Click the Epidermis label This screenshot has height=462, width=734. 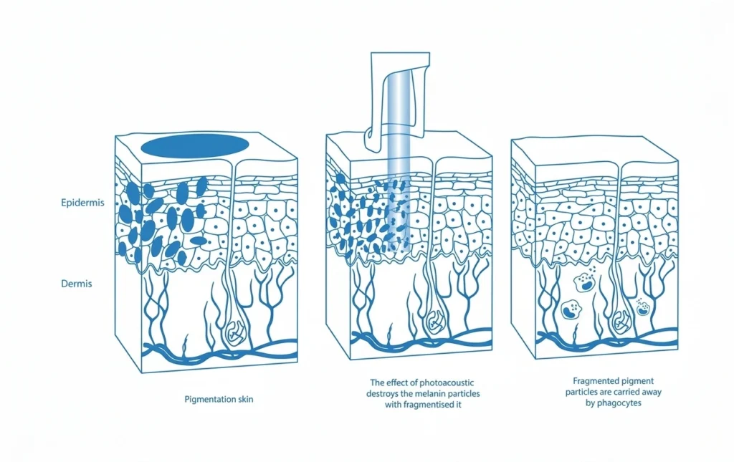pos(82,203)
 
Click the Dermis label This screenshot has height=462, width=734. pos(76,284)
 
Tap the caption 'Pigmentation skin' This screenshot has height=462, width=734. pos(219,400)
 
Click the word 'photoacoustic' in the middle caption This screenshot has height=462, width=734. pos(447,383)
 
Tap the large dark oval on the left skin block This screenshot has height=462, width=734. pos(195,146)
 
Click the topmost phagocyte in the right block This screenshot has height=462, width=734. pos(583,282)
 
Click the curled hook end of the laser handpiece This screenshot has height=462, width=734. pos(371,140)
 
